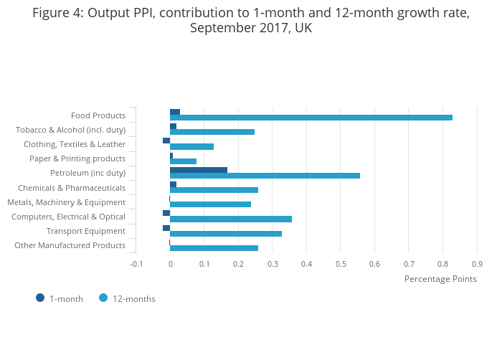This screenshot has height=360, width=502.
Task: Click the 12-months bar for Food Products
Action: (x=311, y=118)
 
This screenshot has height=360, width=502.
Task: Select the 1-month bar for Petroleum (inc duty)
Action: (x=199, y=170)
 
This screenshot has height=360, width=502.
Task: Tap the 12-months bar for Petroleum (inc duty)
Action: (x=265, y=176)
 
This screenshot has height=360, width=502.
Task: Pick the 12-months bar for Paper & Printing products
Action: (x=184, y=161)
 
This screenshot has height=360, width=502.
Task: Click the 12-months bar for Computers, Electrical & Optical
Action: (x=231, y=219)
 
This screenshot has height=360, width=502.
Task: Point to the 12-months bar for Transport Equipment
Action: (x=226, y=234)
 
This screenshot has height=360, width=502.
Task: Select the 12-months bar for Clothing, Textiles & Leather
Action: (x=192, y=146)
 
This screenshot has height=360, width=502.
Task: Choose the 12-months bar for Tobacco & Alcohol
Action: (x=212, y=132)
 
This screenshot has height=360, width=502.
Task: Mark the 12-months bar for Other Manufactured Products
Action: (x=214, y=248)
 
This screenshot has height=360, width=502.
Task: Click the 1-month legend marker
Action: (x=40, y=298)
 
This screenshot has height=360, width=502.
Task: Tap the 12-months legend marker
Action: (x=103, y=298)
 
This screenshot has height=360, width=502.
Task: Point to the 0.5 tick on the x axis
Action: (x=341, y=264)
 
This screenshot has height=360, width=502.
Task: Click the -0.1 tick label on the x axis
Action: (x=136, y=264)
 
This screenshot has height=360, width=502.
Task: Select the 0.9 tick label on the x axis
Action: (x=477, y=264)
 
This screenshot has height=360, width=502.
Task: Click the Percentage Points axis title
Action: (x=440, y=279)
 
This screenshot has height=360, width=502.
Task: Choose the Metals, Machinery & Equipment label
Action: (x=66, y=202)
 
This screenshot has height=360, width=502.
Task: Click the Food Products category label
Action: (x=98, y=115)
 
